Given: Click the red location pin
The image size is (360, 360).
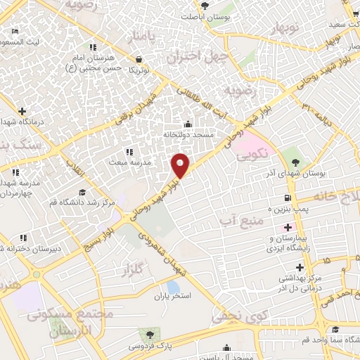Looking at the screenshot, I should (180, 165).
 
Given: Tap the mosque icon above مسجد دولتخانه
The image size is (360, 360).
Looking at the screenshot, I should (187, 124).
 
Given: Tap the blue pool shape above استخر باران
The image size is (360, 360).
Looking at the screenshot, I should (172, 287).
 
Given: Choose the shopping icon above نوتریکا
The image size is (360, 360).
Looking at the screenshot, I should (140, 59).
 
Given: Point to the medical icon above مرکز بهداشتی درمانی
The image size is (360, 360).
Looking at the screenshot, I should (300, 267).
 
